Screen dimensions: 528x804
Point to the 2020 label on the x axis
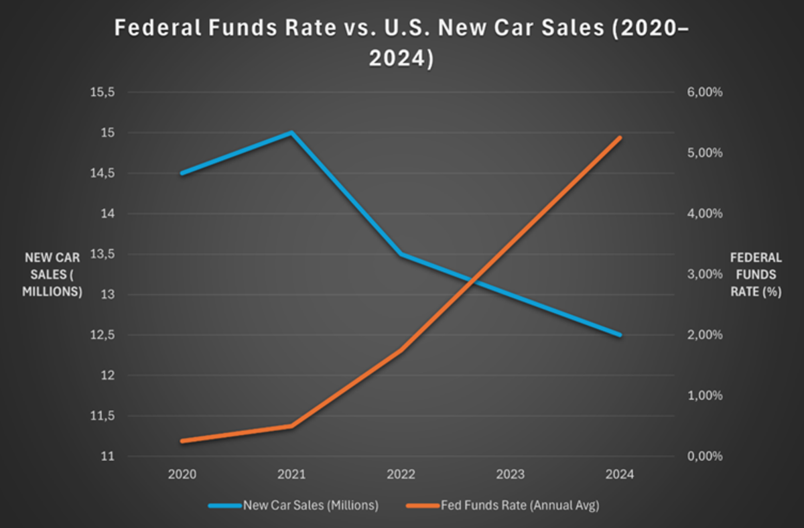(x=182, y=474)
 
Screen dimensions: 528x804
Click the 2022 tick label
(x=401, y=474)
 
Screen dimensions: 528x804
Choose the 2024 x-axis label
(x=619, y=474)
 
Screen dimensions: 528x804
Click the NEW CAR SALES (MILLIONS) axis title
(x=53, y=274)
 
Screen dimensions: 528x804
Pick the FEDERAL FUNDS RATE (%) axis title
(x=756, y=274)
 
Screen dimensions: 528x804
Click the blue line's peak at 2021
(x=291, y=133)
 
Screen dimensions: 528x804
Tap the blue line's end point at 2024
(x=619, y=335)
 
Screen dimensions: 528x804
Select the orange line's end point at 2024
(x=619, y=137)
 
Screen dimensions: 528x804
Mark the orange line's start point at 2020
(x=182, y=441)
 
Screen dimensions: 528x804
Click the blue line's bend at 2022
(x=401, y=255)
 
